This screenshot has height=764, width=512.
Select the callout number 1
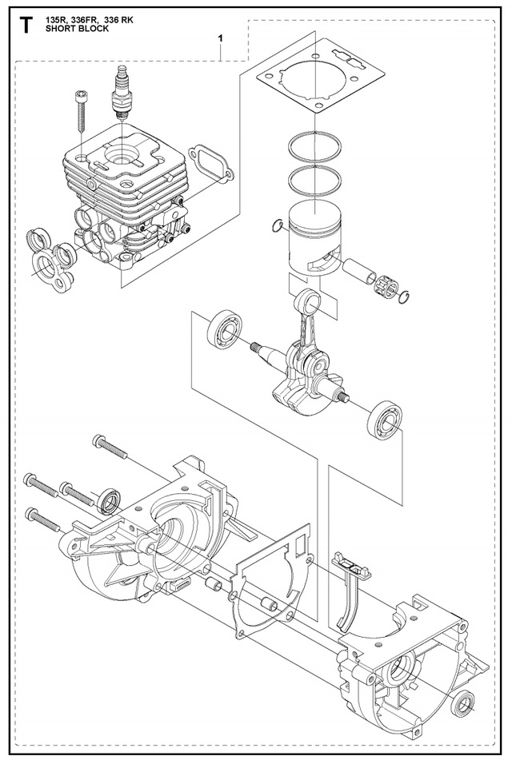click(221, 38)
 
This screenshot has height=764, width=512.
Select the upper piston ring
click(315, 146)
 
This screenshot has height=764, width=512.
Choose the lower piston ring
click(315, 180)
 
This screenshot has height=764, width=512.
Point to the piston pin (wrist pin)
click(360, 272)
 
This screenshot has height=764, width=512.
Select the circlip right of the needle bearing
click(406, 296)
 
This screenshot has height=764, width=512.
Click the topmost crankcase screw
click(110, 446)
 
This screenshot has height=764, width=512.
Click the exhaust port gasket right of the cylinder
click(210, 164)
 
